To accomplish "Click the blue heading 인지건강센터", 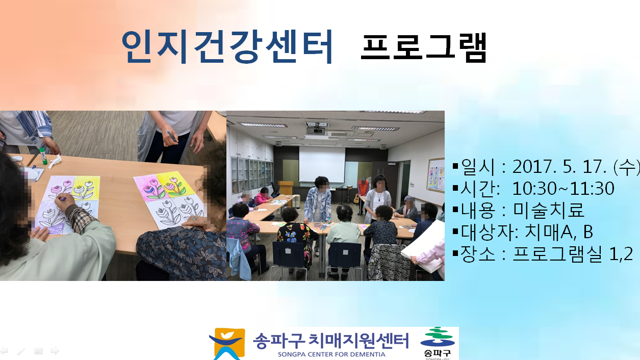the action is point(227,46).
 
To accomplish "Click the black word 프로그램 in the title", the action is point(424,47).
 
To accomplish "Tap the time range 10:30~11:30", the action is point(563,189).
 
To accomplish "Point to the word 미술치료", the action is point(549,210).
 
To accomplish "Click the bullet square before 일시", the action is point(455,166).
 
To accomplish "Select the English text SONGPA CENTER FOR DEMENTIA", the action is point(331,354).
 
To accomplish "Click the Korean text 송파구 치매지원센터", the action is point(331,340).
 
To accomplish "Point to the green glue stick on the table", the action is point(43,156).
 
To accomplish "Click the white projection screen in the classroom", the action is point(322,164).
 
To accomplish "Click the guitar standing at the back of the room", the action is point(356,198).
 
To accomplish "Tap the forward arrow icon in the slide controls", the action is point(55,351).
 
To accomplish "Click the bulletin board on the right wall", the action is point(436,175).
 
